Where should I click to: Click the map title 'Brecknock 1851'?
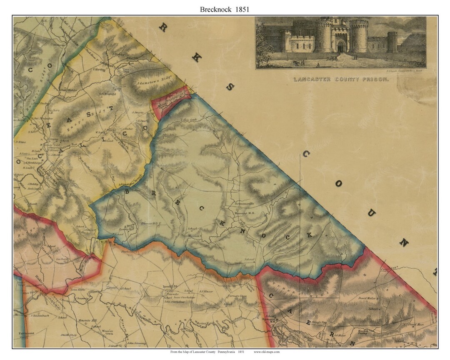tap(224, 9)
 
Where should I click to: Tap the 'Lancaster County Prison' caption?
tap(340, 79)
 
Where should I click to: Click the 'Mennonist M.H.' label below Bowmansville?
tap(245, 212)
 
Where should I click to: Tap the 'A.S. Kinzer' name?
tap(206, 292)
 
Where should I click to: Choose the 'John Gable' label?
tap(77, 290)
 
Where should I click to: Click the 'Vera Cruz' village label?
tap(126, 70)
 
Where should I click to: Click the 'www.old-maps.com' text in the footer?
tap(267, 352)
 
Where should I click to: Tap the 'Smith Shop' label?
tap(70, 335)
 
